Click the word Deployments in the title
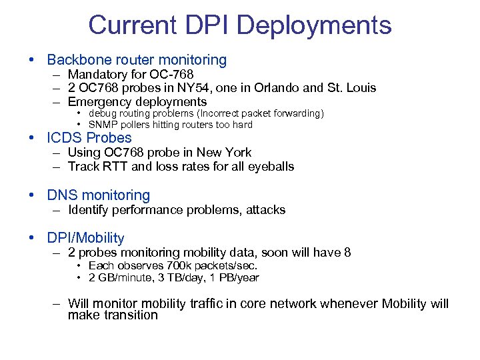pyautogui.click(x=314, y=25)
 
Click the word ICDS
pyautogui.click(x=66, y=139)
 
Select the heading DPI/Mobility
pyautogui.click(x=85, y=238)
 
